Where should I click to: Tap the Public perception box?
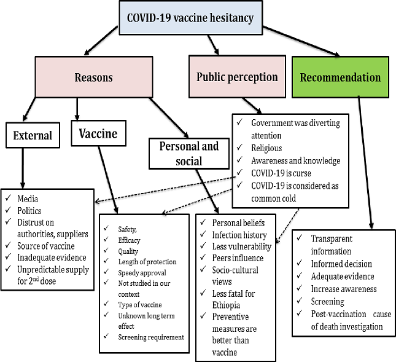[236, 77]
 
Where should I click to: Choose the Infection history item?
[239, 235]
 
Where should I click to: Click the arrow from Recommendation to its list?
[365, 163]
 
